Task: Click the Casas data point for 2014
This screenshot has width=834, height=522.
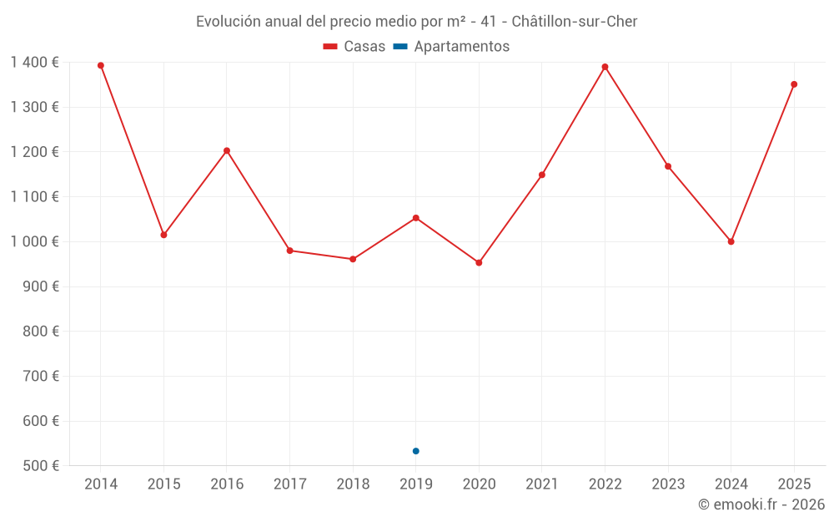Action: point(101,65)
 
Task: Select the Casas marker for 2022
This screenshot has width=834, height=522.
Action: point(605,67)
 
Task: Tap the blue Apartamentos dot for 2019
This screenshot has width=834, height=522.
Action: point(415,451)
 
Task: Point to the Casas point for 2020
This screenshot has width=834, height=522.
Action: point(479,262)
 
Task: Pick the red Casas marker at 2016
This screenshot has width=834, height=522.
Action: point(227,151)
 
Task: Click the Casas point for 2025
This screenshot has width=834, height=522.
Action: point(794,84)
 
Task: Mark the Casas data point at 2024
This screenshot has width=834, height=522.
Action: point(731,241)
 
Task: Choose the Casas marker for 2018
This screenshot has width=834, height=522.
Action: point(353,259)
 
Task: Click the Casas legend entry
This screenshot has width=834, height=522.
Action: point(354,47)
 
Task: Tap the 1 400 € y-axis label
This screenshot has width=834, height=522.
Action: point(35,62)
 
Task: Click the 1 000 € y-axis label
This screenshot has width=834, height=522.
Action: point(35,241)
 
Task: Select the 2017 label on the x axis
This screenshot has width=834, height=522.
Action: point(289,484)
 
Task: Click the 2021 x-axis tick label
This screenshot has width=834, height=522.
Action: point(541,484)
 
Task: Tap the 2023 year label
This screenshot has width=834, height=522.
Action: point(668,484)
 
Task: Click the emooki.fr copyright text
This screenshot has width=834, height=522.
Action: point(761,504)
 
